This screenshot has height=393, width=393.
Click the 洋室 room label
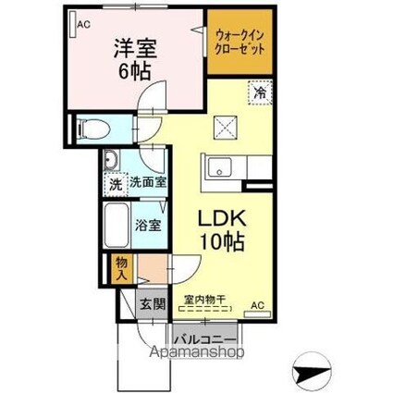pos(135,46)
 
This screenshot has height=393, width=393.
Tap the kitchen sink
pos(223,169)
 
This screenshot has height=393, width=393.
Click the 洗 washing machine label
pos(116,182)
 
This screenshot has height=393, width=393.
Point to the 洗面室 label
pos(146,182)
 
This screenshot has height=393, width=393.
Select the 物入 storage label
pos(121,270)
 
